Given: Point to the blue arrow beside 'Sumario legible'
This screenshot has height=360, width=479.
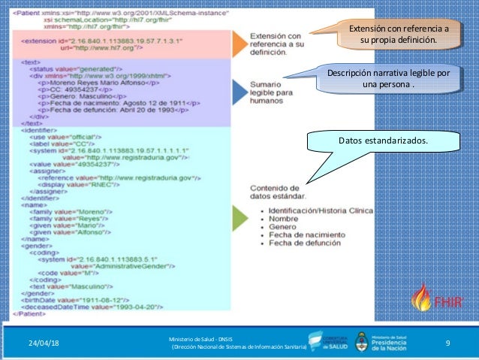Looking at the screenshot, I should pos(237,92).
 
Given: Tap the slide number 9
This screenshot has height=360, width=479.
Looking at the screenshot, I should pos(447,343).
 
